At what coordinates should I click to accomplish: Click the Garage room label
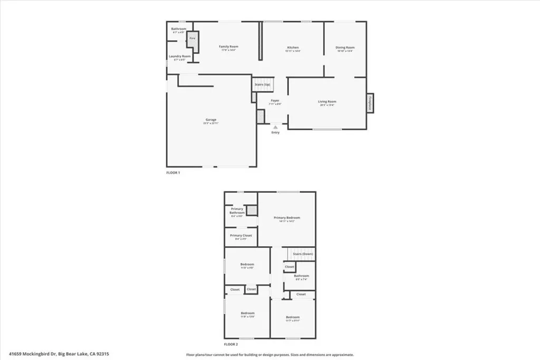[x=211, y=120]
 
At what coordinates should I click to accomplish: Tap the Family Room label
[x=229, y=47]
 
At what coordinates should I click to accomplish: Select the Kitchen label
[x=293, y=47]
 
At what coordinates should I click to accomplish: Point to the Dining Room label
[x=345, y=48]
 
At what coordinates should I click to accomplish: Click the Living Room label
[x=327, y=102]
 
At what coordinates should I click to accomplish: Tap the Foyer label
[x=275, y=101]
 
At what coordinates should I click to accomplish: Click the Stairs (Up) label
[x=262, y=84]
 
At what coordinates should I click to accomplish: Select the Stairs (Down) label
[x=303, y=254]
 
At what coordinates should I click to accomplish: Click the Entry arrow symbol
[x=275, y=127]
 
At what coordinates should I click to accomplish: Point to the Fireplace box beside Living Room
[x=370, y=102]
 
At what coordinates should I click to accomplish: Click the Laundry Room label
[x=179, y=56]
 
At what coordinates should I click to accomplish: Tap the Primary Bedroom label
[x=287, y=218]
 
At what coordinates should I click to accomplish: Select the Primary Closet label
[x=240, y=236]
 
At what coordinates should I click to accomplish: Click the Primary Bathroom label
[x=237, y=211]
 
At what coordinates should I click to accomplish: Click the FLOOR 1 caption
[x=173, y=173]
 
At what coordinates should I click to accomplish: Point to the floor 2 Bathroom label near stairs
[x=302, y=276]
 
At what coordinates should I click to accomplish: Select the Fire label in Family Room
[x=192, y=38]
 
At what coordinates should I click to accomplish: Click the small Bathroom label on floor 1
[x=179, y=29]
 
